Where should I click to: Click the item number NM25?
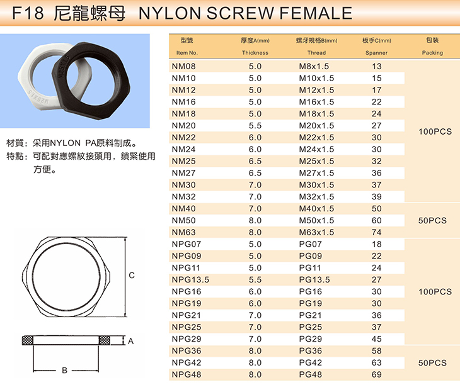click(x=183, y=161)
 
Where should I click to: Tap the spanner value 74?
click(x=377, y=232)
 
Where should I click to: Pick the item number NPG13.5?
click(x=190, y=280)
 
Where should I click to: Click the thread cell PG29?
click(x=311, y=339)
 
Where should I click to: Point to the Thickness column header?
click(x=255, y=53)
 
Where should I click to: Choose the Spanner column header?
click(x=376, y=53)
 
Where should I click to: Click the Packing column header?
click(x=432, y=53)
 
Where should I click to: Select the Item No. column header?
click(x=187, y=53)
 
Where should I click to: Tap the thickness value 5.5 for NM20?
click(x=255, y=126)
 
